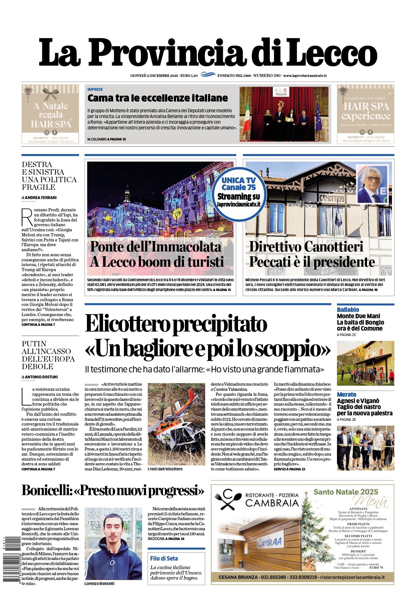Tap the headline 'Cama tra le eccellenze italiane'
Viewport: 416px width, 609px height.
[157, 98]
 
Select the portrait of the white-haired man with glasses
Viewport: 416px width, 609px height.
[372, 184]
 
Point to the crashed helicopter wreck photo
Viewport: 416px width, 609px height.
[176, 424]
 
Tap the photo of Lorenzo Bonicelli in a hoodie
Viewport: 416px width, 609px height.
[113, 544]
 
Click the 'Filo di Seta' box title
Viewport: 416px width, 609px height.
[164, 558]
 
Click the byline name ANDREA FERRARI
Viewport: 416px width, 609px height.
[40, 198]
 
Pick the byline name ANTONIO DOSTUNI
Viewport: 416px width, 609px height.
[41, 377]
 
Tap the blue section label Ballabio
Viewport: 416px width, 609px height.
[348, 309]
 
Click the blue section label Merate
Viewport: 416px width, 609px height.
[346, 394]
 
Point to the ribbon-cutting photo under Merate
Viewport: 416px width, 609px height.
[365, 448]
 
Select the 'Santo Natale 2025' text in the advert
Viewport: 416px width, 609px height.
[346, 492]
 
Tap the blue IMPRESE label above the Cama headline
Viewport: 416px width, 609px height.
[95, 90]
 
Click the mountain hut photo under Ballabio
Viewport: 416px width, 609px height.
[365, 363]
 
